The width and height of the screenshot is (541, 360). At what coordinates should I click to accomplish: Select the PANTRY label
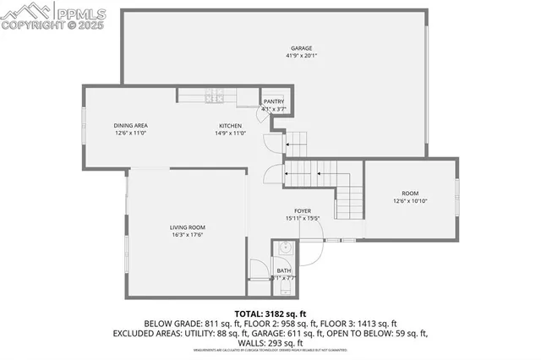click(274, 101)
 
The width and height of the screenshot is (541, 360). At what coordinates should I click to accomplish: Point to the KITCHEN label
click(230, 126)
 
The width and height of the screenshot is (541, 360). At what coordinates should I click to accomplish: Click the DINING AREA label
click(131, 126)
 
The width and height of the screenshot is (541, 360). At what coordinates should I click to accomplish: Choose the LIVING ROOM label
click(188, 227)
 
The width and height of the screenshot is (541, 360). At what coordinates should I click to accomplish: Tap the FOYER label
click(303, 210)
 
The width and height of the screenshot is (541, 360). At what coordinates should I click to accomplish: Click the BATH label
click(284, 270)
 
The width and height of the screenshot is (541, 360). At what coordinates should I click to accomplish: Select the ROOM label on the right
click(410, 193)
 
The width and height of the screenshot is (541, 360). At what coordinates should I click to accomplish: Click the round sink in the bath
click(286, 249)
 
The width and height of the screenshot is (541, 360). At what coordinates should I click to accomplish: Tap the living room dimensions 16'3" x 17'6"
click(188, 235)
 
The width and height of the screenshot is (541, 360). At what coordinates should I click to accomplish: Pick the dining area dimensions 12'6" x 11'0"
click(131, 134)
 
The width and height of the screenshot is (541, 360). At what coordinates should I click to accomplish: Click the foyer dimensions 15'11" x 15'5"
click(303, 218)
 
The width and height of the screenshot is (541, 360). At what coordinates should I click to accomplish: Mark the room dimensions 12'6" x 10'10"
click(410, 201)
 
